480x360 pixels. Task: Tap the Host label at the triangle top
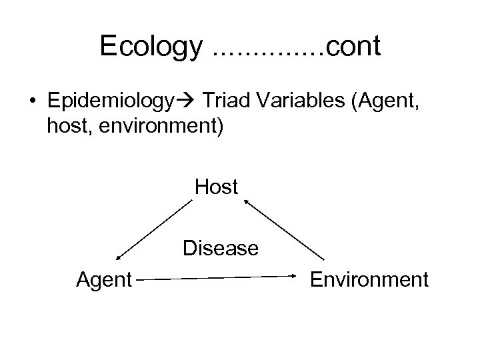pos(217,187)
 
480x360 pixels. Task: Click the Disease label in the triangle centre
pos(221,249)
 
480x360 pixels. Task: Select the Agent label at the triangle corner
pos(105,279)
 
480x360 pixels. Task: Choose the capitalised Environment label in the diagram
pos(369,279)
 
